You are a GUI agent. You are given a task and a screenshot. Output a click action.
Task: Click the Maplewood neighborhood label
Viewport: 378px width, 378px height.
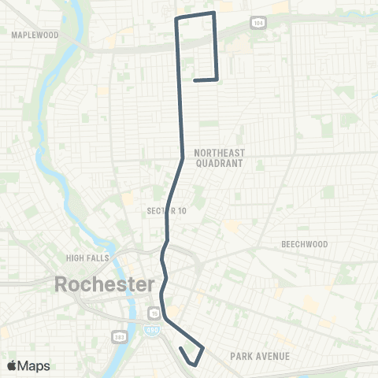point(35,35)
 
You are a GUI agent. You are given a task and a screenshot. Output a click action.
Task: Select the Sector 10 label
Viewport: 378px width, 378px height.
point(165,210)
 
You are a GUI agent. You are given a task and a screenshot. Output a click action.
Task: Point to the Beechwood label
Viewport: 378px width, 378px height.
point(304,244)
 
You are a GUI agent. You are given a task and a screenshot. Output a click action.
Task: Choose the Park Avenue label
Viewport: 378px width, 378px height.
point(260,356)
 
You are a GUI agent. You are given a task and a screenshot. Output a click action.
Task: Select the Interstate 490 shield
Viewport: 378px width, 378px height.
point(154,309)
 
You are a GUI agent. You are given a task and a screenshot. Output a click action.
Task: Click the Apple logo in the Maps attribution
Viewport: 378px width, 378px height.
point(12,365)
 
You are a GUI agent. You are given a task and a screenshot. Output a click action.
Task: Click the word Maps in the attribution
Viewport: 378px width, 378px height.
point(34,365)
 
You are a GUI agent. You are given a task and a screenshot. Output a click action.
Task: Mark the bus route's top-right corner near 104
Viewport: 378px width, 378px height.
point(214,13)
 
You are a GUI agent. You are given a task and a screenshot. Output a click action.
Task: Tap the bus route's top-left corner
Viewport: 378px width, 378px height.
point(176,17)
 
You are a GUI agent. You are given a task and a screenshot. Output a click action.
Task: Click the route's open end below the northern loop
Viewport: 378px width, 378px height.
point(194,80)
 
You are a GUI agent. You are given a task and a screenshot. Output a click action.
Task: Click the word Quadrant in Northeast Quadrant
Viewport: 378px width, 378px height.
point(220,163)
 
